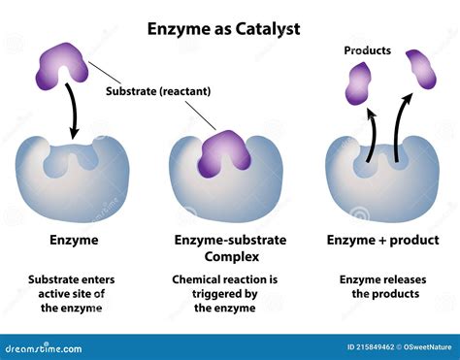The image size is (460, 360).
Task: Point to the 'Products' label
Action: tap(368, 49)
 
